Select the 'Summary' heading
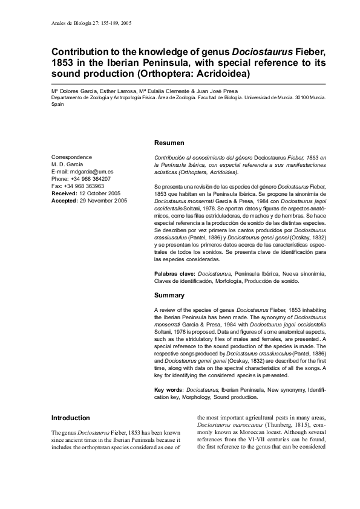(x=169, y=295)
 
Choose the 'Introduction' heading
(x=71, y=418)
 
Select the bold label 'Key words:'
(x=169, y=390)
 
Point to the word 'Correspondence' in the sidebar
(x=71, y=157)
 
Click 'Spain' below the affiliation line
(x=58, y=103)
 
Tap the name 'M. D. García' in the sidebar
(x=69, y=164)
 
